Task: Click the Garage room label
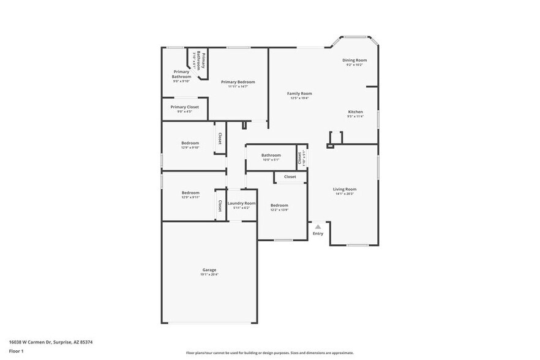click(209, 269)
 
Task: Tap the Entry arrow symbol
click(318, 227)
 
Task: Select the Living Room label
click(345, 189)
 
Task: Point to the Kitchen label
click(355, 112)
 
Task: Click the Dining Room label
click(354, 60)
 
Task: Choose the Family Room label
click(299, 94)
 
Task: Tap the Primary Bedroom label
click(238, 82)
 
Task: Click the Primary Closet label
click(184, 107)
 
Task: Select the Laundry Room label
click(241, 203)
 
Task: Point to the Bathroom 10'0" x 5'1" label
click(271, 156)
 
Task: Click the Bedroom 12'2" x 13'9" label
click(279, 205)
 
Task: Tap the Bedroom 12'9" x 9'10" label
click(190, 143)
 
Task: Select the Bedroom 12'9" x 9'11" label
click(190, 193)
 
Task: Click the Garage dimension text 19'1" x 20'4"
click(209, 274)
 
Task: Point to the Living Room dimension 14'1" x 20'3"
click(345, 194)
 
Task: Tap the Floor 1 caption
click(16, 351)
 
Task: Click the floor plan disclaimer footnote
click(269, 353)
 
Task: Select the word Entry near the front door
click(318, 233)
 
